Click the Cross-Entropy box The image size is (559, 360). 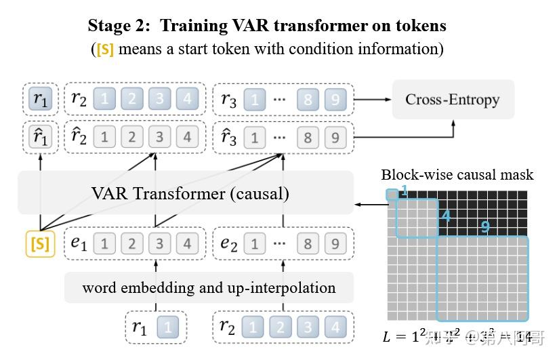click(453, 100)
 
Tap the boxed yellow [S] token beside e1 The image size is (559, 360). click(40, 243)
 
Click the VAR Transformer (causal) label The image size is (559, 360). click(190, 194)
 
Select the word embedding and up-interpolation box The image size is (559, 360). click(209, 287)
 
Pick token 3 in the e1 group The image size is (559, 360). click(159, 243)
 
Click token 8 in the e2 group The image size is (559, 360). click(308, 243)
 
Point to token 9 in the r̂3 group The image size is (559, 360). click(335, 137)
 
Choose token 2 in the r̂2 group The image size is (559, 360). click(131, 137)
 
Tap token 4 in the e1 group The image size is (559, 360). click(187, 243)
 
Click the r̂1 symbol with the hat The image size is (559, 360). click(41, 137)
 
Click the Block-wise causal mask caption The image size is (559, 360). click(457, 175)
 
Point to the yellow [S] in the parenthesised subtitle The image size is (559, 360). click(105, 49)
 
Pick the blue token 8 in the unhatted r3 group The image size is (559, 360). click(308, 99)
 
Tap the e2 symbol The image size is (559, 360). click(230, 243)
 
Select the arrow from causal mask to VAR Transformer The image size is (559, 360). click(369, 203)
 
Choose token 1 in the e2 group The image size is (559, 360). click(254, 243)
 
